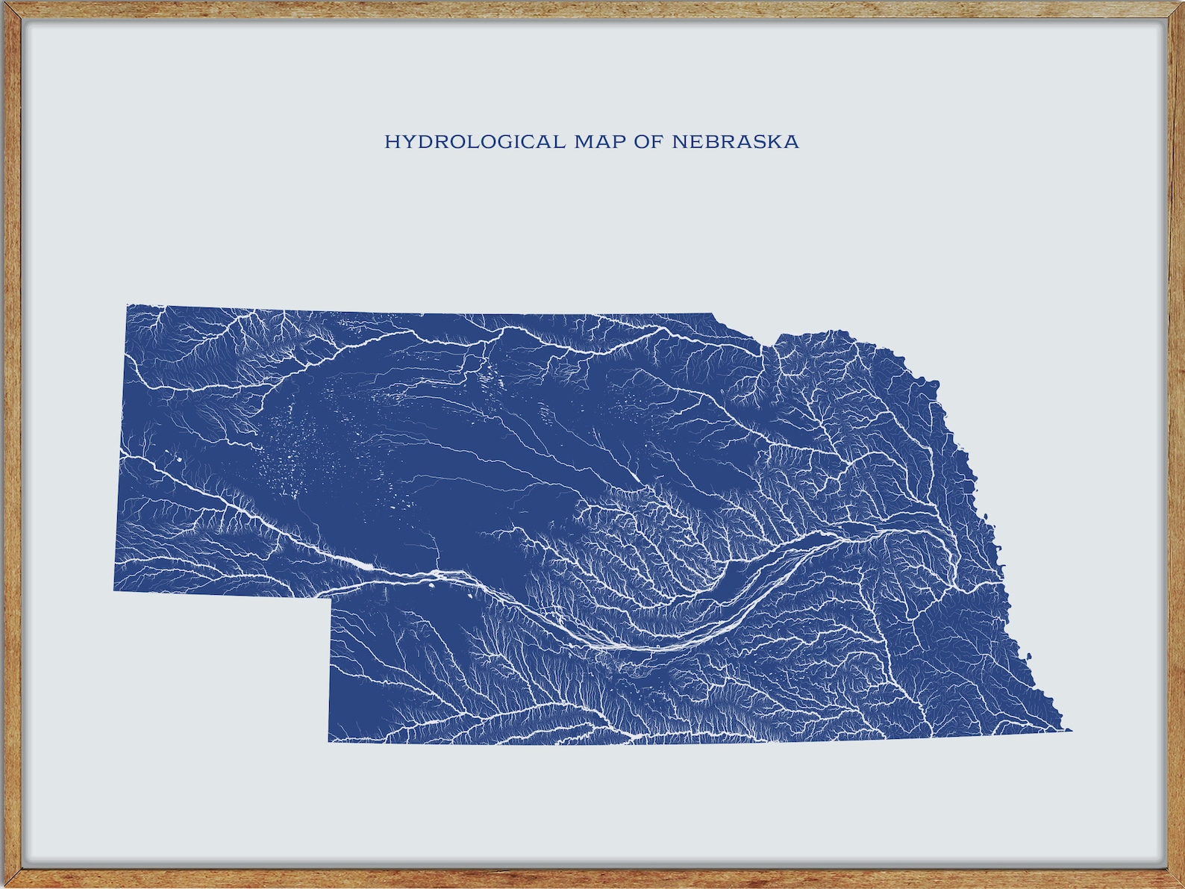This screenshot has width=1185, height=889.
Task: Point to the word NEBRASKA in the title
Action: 735,142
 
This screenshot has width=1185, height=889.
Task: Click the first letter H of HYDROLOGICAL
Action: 391,142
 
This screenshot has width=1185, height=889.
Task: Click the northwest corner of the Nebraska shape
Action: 128,305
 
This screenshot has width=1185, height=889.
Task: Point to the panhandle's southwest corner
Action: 114,590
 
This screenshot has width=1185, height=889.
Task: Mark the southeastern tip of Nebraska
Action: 1072,730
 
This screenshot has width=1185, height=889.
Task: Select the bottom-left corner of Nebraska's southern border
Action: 329,741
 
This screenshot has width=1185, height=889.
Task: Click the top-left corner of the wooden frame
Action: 3,3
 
